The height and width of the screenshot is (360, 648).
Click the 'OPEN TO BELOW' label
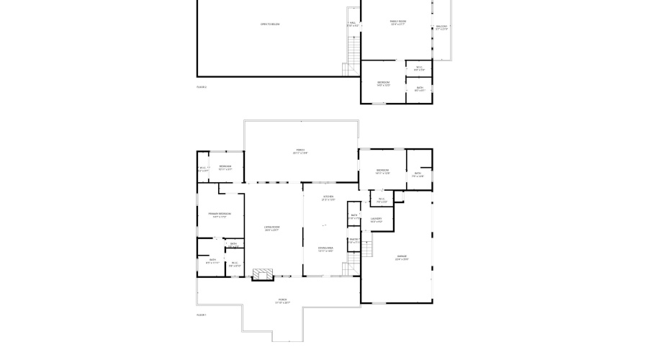pos(270,24)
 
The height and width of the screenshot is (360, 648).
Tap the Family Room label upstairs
pos(398,23)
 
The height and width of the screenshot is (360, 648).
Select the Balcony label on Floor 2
pos(441,28)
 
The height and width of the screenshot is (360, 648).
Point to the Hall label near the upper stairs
pos(352,24)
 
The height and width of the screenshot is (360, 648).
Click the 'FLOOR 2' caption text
pos(202,87)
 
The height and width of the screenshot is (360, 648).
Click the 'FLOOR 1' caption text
pos(202,315)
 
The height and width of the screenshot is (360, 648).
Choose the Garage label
pos(401,258)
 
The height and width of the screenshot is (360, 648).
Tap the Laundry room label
pos(376,220)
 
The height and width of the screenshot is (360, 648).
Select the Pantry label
pos(354,240)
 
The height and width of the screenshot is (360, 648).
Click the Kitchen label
pos(328,198)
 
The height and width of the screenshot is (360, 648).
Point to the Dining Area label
pos(325,249)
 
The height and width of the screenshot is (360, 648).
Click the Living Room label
pos(271,228)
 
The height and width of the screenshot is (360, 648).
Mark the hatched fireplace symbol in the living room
pos(264,274)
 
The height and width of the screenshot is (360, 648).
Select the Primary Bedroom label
pos(220,215)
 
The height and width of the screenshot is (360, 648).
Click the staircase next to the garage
pos(367,248)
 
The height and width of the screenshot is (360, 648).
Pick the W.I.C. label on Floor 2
pos(420,69)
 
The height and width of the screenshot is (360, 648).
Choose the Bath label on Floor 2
pos(420,89)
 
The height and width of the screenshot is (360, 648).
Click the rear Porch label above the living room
pos(300,151)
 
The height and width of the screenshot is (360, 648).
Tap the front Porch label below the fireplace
pos(282,301)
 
